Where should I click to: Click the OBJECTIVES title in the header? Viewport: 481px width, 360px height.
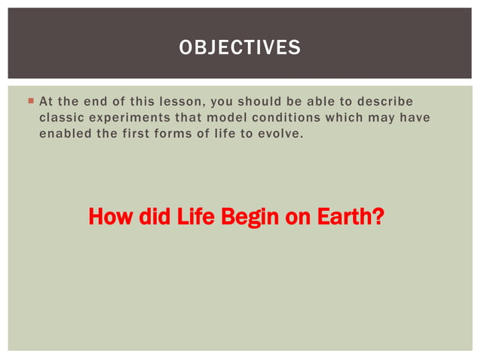tap(240, 48)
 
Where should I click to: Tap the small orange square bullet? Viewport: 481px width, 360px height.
tap(29, 101)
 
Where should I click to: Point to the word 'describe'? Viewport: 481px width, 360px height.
tap(387, 102)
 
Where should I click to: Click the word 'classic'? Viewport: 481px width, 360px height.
tap(61, 117)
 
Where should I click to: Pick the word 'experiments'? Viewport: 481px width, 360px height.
tap(130, 117)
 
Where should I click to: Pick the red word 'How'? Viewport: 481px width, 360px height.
tap(107, 218)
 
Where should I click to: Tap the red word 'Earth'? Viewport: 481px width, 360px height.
tap(339, 218)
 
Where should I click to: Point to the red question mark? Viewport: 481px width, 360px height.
tap(378, 218)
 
